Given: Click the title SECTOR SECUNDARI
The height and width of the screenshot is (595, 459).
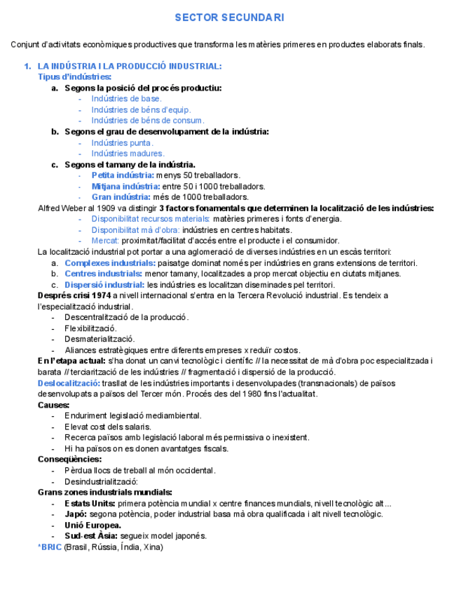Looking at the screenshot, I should pyautogui.click(x=229, y=18).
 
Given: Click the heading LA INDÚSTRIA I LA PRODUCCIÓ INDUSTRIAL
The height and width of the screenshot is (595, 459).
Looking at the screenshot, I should pyautogui.click(x=129, y=66).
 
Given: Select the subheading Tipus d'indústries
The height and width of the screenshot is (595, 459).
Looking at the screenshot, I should pyautogui.click(x=74, y=76).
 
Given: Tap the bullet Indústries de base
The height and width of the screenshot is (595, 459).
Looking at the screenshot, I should pyautogui.click(x=126, y=99).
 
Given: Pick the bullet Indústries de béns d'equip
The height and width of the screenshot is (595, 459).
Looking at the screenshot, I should pyautogui.click(x=141, y=109).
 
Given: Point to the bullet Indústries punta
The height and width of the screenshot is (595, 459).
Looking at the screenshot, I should pyautogui.click(x=122, y=142).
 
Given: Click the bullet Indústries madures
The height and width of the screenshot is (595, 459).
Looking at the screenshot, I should pyautogui.click(x=128, y=154).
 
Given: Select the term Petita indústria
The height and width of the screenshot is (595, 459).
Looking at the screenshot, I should pyautogui.click(x=122, y=175).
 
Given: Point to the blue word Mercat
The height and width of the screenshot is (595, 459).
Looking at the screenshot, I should pyautogui.click(x=104, y=241).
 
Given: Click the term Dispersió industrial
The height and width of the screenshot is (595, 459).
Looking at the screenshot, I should pyautogui.click(x=104, y=285).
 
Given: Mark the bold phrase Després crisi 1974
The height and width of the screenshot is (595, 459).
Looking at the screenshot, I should pyautogui.click(x=74, y=295).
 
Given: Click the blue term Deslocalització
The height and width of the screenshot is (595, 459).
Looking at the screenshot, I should pyautogui.click(x=68, y=383).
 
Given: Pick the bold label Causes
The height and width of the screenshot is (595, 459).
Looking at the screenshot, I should pyautogui.click(x=53, y=405).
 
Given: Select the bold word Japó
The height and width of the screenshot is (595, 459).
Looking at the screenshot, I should pyautogui.click(x=76, y=514).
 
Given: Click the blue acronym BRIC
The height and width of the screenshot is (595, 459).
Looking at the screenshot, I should pyautogui.click(x=51, y=547).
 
